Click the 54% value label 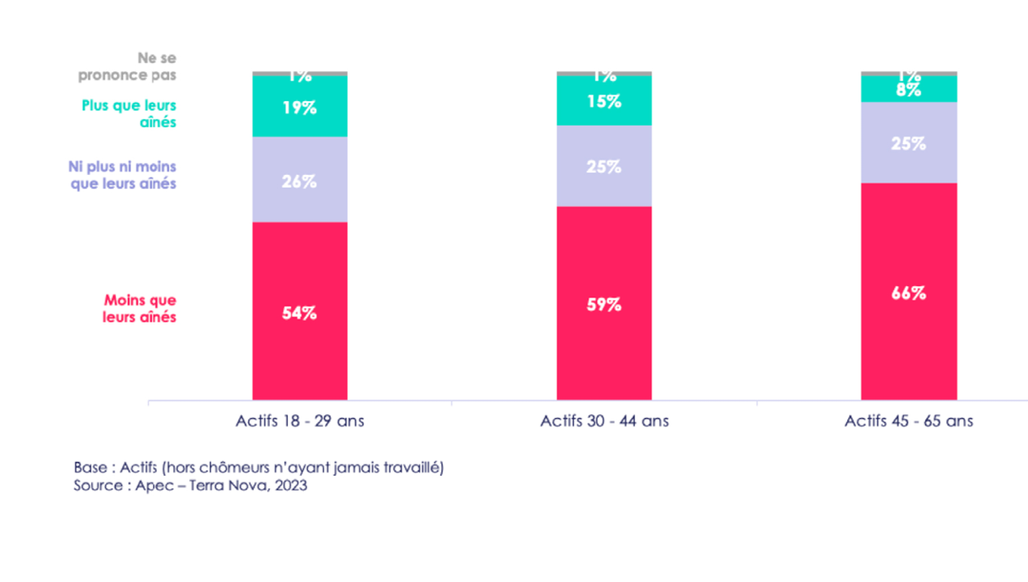tap(300, 313)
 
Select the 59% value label tap(604, 304)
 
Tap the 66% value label tap(909, 293)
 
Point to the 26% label tap(300, 181)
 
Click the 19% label tap(300, 108)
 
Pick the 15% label tap(604, 102)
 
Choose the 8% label tap(909, 90)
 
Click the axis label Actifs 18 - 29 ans tap(300, 421)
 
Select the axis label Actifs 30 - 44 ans tap(604, 421)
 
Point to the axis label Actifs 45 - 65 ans tap(909, 421)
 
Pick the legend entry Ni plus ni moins tap(123, 175)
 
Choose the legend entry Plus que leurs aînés tap(129, 114)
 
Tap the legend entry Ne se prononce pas tap(128, 66)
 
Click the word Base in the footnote tap(90, 468)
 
